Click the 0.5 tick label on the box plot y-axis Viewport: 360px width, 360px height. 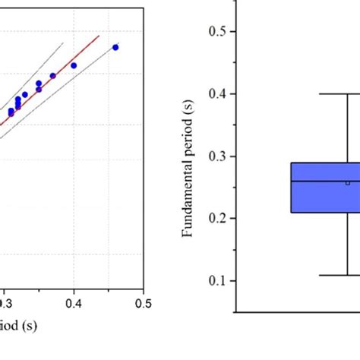[x=216, y=31]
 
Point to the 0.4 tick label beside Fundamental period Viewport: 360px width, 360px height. [x=216, y=93]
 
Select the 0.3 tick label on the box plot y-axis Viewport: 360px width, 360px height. [x=216, y=156]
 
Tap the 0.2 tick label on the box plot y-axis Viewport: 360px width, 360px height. [x=216, y=218]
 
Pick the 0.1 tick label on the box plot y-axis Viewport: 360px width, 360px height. [x=216, y=280]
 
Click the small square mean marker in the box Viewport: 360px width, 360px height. [x=348, y=182]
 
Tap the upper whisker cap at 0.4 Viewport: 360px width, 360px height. [x=347, y=93]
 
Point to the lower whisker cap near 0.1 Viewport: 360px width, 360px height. [x=347, y=275]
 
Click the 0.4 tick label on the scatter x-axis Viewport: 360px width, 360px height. [x=74, y=303]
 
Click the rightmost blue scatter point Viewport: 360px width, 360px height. [x=115, y=47]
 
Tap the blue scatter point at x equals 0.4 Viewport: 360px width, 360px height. [x=74, y=65]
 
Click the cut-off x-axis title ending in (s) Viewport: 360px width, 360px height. [x=18, y=326]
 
